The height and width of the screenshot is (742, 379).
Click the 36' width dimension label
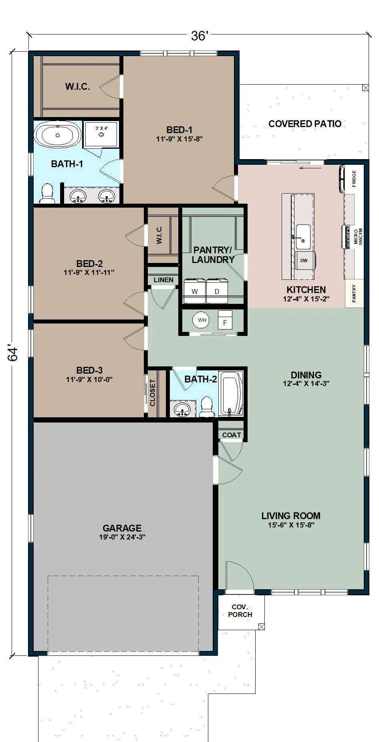(199, 36)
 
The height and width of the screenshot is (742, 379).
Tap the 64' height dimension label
(13, 354)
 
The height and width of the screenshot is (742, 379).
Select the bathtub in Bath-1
(58, 135)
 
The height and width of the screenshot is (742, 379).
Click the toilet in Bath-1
(47, 193)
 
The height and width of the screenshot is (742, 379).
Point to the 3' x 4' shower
(101, 134)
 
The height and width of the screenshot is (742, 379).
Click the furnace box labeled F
(225, 320)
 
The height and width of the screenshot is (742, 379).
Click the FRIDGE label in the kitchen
(354, 179)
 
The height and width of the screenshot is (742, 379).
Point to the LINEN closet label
(164, 280)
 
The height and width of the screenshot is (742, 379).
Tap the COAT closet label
(232, 435)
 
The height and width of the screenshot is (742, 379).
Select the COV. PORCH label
(240, 611)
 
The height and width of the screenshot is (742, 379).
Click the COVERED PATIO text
(305, 124)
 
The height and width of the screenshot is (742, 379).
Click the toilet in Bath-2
(207, 406)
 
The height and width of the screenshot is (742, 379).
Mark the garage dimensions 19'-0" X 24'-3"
(122, 537)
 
